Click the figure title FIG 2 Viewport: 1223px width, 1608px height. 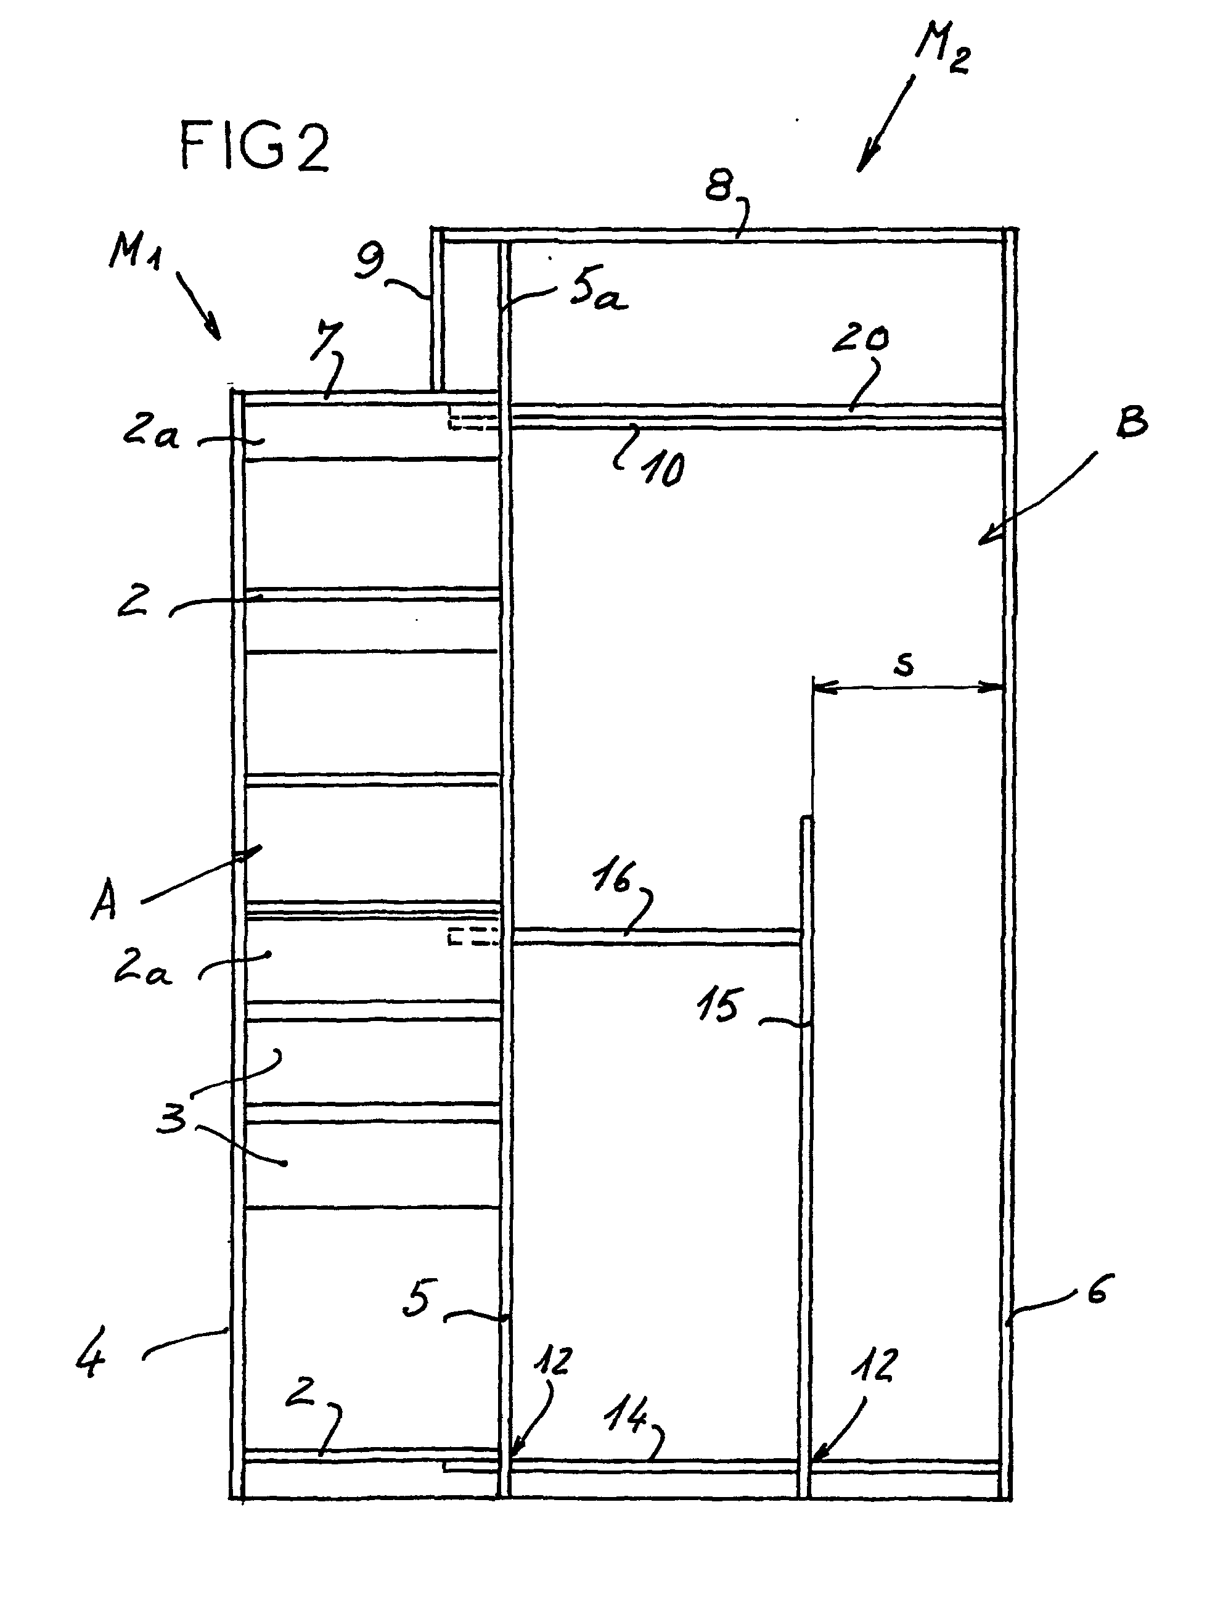click(x=255, y=146)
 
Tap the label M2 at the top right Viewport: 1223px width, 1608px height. click(x=943, y=48)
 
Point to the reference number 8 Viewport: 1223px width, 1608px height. click(x=719, y=186)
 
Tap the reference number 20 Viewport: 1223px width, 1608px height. click(x=861, y=340)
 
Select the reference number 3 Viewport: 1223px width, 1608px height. click(x=173, y=1117)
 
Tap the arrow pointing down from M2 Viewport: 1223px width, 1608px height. click(x=886, y=125)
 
